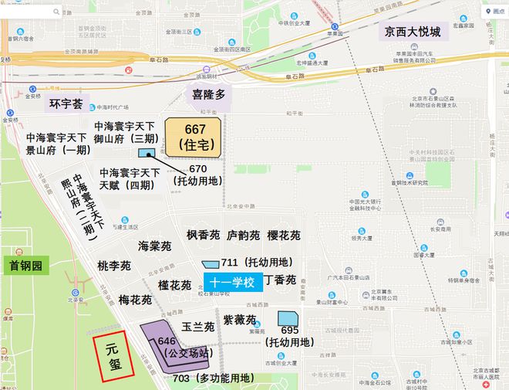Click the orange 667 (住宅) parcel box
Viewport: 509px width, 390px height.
(x=193, y=137)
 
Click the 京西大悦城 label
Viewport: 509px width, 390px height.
(x=414, y=32)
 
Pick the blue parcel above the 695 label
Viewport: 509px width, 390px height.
(x=288, y=318)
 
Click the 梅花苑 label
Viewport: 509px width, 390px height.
(x=135, y=300)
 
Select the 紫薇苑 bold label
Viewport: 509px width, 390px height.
(x=239, y=319)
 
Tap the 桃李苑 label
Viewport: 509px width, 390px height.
(x=113, y=266)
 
